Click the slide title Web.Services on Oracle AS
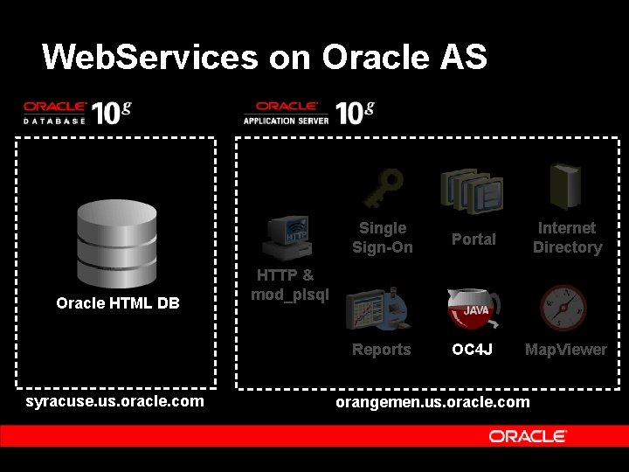click(264, 57)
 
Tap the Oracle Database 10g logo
click(77, 112)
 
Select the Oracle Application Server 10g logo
click(308, 113)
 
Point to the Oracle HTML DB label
click(118, 303)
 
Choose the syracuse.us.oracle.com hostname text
click(115, 401)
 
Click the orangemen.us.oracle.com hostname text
click(432, 402)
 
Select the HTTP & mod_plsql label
click(289, 285)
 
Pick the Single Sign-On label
click(383, 238)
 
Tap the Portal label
click(473, 239)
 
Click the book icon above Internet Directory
click(565, 186)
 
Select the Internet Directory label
click(567, 238)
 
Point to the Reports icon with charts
click(377, 308)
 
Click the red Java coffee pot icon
click(473, 308)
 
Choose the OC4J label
click(473, 350)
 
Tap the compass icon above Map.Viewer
click(563, 308)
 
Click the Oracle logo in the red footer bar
click(528, 436)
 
